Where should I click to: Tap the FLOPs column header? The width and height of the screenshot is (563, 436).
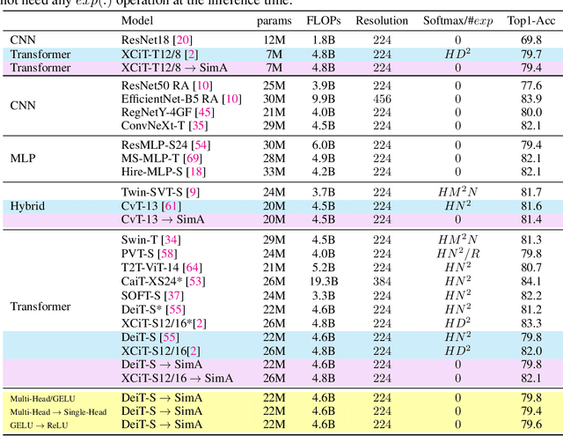[324, 19]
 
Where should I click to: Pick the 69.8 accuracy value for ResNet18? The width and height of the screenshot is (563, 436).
[530, 41]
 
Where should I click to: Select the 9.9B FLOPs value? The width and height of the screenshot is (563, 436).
[324, 99]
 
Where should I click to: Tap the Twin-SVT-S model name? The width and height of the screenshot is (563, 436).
[159, 192]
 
